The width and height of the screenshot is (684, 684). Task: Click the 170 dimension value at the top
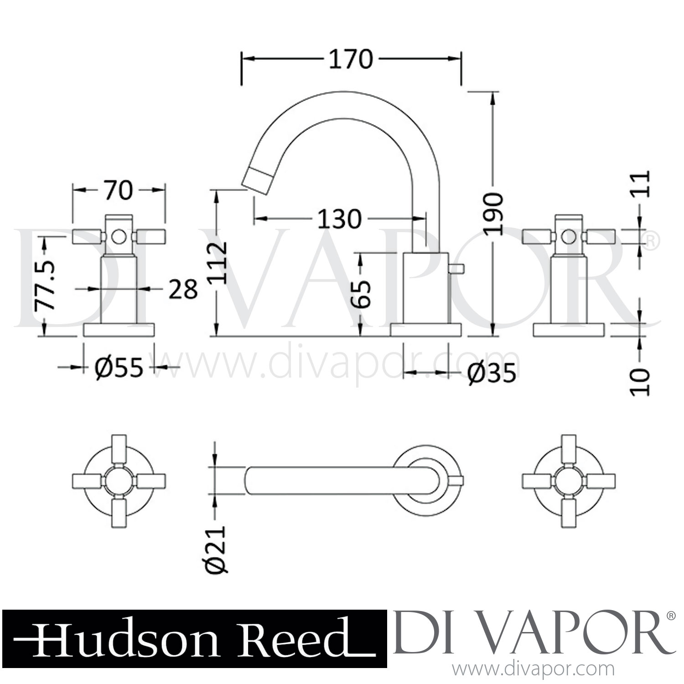351,60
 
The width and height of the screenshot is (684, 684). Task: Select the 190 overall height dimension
493,213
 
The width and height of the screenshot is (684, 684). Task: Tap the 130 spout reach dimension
339,219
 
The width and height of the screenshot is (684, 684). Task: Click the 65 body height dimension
362,294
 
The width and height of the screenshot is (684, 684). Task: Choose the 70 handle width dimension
118,191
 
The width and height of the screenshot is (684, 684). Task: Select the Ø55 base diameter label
119,367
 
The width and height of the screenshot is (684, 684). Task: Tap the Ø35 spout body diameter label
492,373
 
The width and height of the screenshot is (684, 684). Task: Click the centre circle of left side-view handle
119,237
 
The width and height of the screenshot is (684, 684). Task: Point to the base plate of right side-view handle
569,330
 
